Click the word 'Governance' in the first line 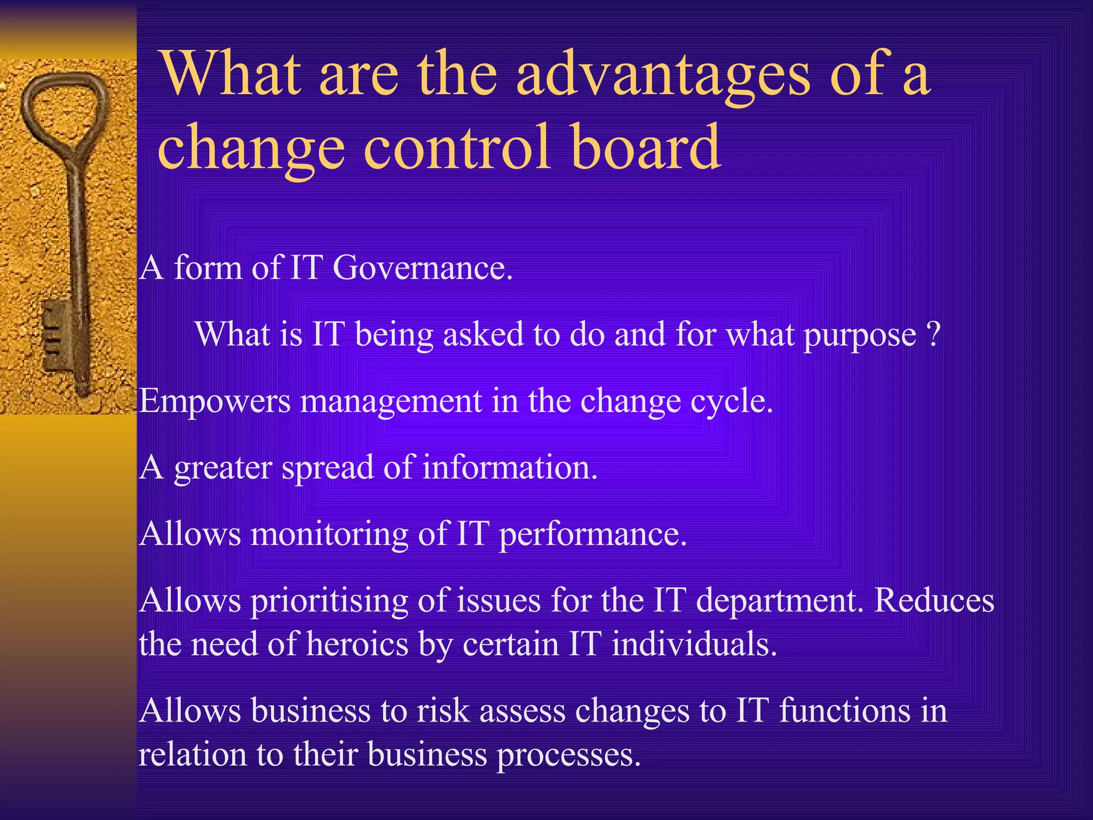tap(421, 267)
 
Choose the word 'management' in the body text tap(391, 401)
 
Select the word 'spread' tap(327, 468)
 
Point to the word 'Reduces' tap(934, 601)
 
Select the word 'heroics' tap(358, 644)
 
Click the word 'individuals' tap(693, 644)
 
